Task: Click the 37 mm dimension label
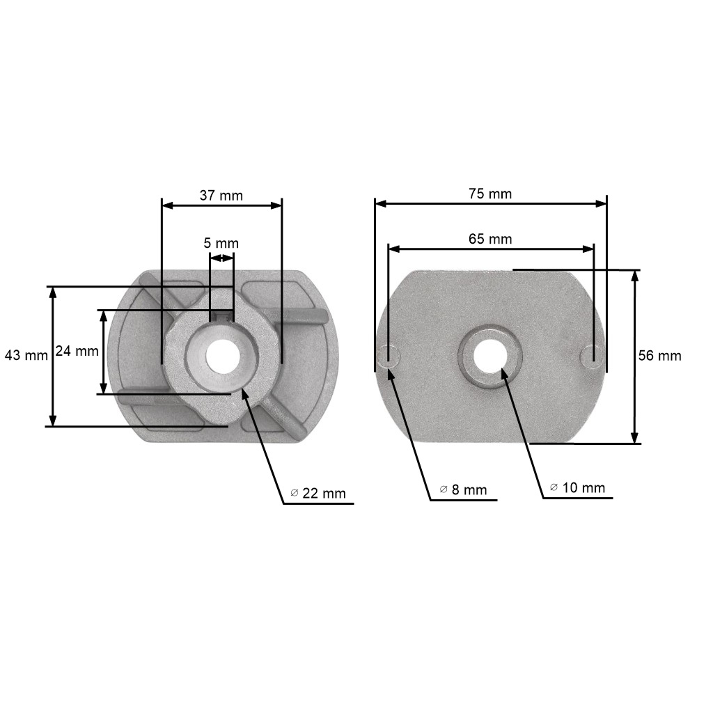point(222,196)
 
